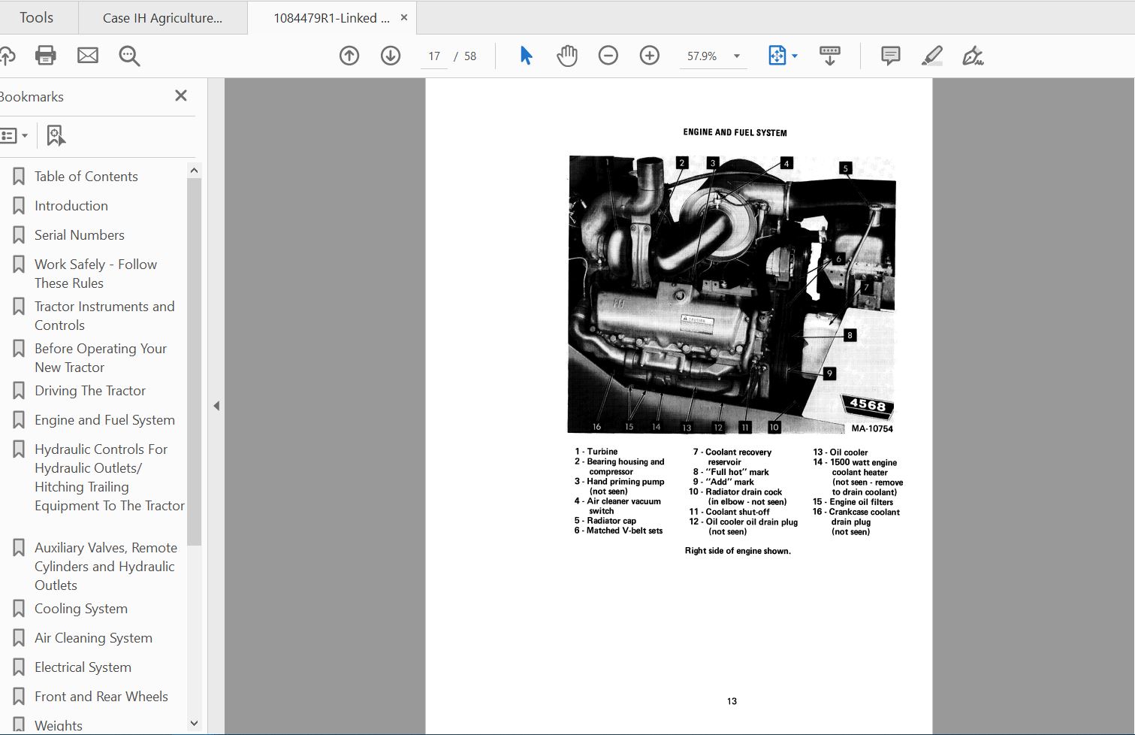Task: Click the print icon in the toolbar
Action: pyautogui.click(x=45, y=56)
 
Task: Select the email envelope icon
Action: pyautogui.click(x=88, y=56)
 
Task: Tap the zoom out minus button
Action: pyautogui.click(x=608, y=56)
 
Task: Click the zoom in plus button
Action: pyautogui.click(x=649, y=56)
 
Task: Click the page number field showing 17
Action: pyautogui.click(x=434, y=56)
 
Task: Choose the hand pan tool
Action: pyautogui.click(x=566, y=56)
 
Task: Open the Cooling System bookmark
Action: pyautogui.click(x=80, y=609)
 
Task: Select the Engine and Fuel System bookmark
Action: pyautogui.click(x=104, y=420)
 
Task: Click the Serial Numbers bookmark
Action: pyautogui.click(x=79, y=235)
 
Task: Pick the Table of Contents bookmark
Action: pyautogui.click(x=86, y=177)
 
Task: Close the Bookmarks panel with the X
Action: pyautogui.click(x=180, y=95)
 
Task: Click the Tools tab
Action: pyautogui.click(x=36, y=17)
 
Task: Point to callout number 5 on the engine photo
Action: pyautogui.click(x=845, y=168)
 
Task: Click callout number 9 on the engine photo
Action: pyautogui.click(x=829, y=373)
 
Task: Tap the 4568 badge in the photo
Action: pyautogui.click(x=868, y=405)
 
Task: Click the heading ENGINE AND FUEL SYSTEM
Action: pyautogui.click(x=735, y=132)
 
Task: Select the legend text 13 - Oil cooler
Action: pyautogui.click(x=840, y=452)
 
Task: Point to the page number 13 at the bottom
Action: pyautogui.click(x=732, y=701)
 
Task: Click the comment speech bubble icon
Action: pyautogui.click(x=890, y=56)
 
